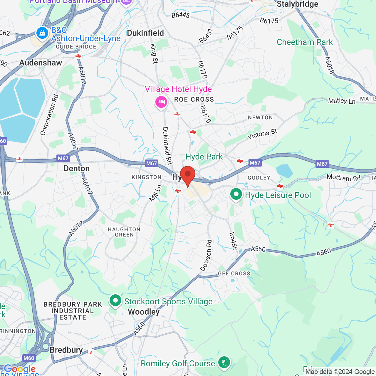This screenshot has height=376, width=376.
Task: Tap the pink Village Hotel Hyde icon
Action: tap(161, 102)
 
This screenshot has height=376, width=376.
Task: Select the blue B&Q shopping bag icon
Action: tap(42, 33)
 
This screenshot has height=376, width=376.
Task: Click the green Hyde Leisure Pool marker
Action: tap(236, 194)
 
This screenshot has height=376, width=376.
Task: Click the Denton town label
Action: tap(76, 169)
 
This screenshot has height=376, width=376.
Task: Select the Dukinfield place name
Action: tap(145, 33)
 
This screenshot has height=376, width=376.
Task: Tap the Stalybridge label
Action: tap(297, 4)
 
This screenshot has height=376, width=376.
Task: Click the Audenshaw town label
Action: tap(41, 63)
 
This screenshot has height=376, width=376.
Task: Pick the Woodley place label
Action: tap(144, 312)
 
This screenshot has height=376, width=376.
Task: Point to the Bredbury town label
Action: tap(66, 350)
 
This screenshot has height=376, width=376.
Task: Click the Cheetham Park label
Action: tap(305, 42)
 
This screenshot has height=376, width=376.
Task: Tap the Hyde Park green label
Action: tap(204, 157)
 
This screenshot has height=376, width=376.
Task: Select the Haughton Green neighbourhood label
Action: tap(124, 232)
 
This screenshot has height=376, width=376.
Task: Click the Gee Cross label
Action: tap(234, 273)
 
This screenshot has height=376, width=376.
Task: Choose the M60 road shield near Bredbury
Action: tap(29, 358)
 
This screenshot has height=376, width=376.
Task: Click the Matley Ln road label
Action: tap(342, 101)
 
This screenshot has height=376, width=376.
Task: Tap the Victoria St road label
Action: tap(262, 134)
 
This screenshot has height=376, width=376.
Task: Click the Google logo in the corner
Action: tap(20, 369)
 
